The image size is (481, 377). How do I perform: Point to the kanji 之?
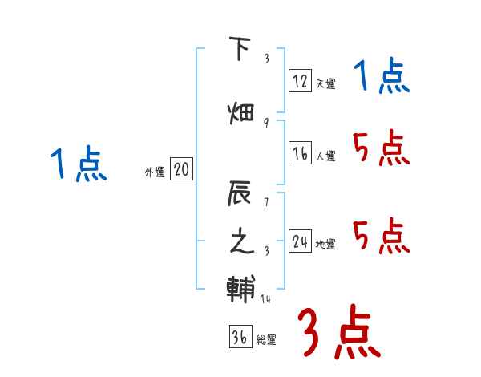pyautogui.click(x=240, y=241)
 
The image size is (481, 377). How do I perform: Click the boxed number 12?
pyautogui.click(x=300, y=81)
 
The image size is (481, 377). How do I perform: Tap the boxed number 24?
pyautogui.click(x=300, y=241)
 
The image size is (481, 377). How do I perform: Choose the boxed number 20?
pyautogui.click(x=181, y=169)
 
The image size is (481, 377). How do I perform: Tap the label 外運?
pyautogui.click(x=154, y=172)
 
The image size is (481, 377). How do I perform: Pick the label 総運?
pyautogui.click(x=265, y=340)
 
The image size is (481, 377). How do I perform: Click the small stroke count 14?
pyautogui.click(x=266, y=299)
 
